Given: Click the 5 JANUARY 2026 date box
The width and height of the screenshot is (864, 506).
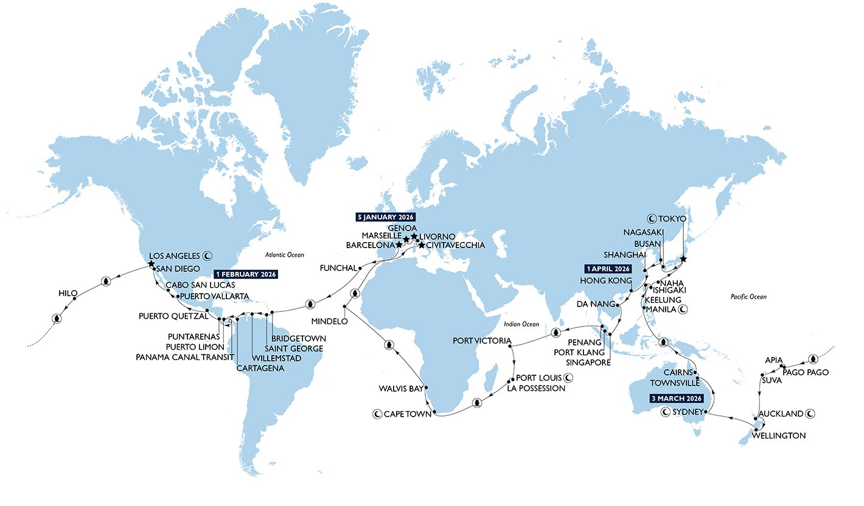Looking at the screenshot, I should (385, 216).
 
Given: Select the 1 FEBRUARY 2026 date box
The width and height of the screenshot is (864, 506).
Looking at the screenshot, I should (246, 274).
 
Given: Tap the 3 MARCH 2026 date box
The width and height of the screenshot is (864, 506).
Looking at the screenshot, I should (674, 399).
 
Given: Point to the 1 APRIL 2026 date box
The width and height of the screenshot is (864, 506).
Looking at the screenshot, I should (607, 268).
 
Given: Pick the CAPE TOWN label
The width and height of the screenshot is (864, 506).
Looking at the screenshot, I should (407, 415).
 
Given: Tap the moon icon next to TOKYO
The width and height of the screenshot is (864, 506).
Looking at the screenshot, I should (652, 218).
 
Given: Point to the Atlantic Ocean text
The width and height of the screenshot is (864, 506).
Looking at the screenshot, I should (284, 255).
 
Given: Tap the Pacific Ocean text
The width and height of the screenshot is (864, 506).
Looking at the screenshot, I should (748, 297).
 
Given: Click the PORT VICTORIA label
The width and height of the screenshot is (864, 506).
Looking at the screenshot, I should (478, 341).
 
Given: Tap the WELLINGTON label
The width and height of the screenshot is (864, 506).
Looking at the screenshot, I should (779, 435).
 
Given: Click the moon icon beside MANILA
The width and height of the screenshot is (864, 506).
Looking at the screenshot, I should (683, 310).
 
